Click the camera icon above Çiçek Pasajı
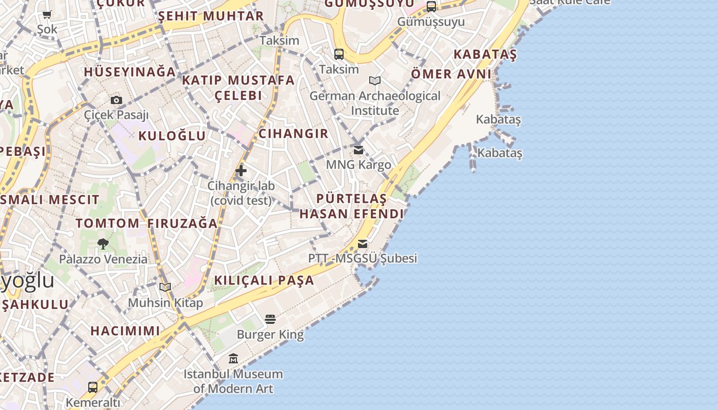(x=116, y=100)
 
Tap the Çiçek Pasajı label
(x=116, y=115)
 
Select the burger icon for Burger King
(x=270, y=320)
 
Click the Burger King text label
(x=270, y=335)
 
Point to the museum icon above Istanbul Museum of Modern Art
(x=233, y=358)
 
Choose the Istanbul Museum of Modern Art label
(x=233, y=381)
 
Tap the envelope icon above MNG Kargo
(x=358, y=150)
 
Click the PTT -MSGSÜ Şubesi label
(x=363, y=258)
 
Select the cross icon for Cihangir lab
(x=241, y=171)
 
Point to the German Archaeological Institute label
(x=375, y=103)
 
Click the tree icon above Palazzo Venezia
(x=103, y=244)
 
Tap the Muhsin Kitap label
(x=165, y=303)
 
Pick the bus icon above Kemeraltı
(x=93, y=387)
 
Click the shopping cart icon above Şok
(x=47, y=15)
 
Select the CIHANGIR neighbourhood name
(x=293, y=134)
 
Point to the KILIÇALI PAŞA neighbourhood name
(x=264, y=280)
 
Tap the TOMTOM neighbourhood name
(x=107, y=223)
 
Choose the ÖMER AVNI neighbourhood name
(x=451, y=74)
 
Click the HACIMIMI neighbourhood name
(x=126, y=331)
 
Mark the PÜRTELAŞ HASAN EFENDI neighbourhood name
(x=351, y=206)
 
